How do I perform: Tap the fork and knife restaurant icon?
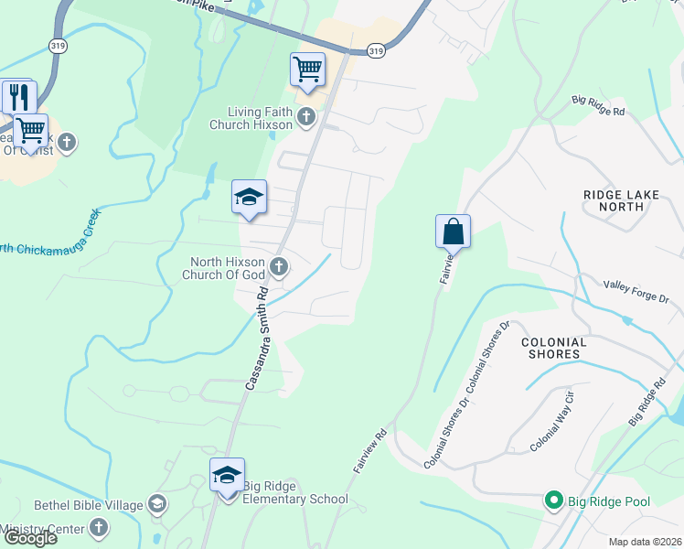coord(18,95)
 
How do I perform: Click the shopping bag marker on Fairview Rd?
coord(454,231)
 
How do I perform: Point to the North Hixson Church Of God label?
coord(227,268)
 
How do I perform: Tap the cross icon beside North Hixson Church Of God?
coord(280,268)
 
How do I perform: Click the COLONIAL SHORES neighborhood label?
coord(552,348)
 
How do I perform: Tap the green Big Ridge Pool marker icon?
coord(552,500)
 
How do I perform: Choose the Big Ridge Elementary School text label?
coord(295,499)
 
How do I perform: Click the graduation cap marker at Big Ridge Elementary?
coord(227,475)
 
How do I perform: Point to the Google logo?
coord(29,538)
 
